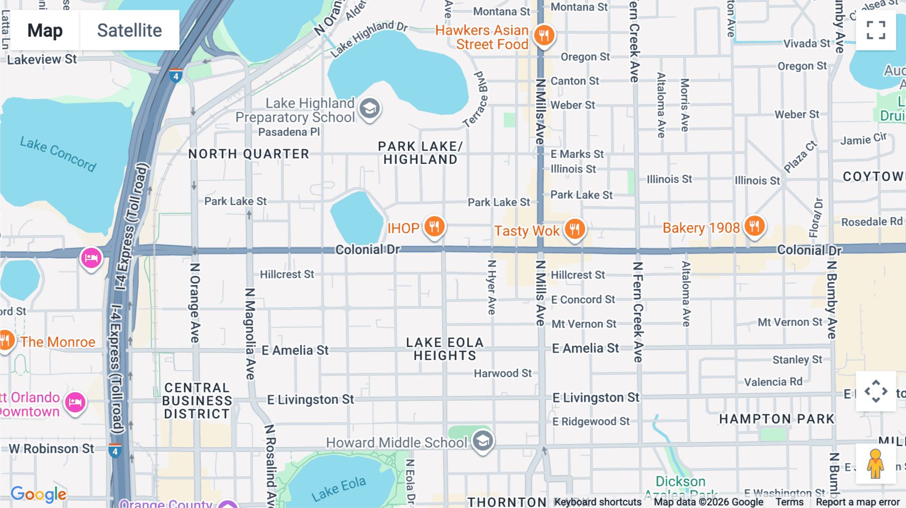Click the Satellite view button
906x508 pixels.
click(x=129, y=30)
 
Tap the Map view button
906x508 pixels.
click(x=45, y=30)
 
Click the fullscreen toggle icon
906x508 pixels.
click(x=875, y=30)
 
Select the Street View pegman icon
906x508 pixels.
click(x=875, y=464)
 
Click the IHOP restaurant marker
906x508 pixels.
click(x=434, y=226)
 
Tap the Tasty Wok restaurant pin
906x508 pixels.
click(x=574, y=228)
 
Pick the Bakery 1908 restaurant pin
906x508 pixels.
click(x=754, y=226)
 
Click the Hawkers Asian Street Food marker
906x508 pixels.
click(x=544, y=35)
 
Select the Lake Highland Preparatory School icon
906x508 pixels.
click(x=370, y=108)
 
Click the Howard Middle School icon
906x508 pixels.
click(x=483, y=441)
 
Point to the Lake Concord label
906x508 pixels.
click(x=58, y=153)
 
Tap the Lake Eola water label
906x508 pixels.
click(x=338, y=489)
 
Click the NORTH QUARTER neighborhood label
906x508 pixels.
click(x=249, y=154)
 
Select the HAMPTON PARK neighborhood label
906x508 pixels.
click(x=776, y=419)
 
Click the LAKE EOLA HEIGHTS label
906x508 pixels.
click(x=444, y=349)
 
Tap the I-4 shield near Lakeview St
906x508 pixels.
click(x=176, y=76)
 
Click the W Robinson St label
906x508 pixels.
click(x=51, y=449)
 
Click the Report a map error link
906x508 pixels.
click(x=857, y=502)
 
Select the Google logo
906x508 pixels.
click(x=38, y=494)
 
